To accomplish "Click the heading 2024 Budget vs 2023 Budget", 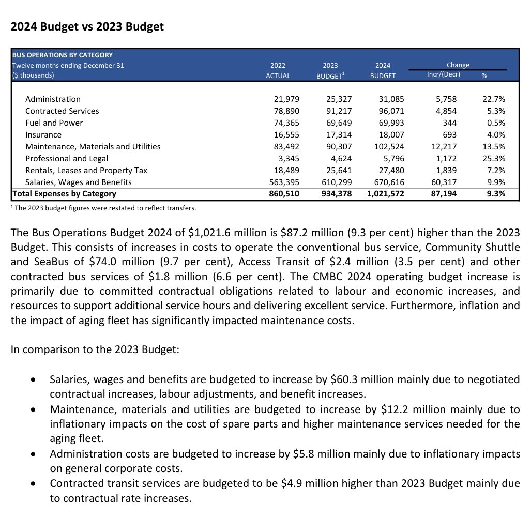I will (87, 27).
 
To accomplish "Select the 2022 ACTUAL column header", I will (278, 70).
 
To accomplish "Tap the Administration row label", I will (53, 99).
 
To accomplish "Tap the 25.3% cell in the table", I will (493, 158).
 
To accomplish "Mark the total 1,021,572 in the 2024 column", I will (385, 194).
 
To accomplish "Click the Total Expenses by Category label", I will (64, 194).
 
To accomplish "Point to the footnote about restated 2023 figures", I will (103, 208).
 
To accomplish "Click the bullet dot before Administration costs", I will (34, 454).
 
